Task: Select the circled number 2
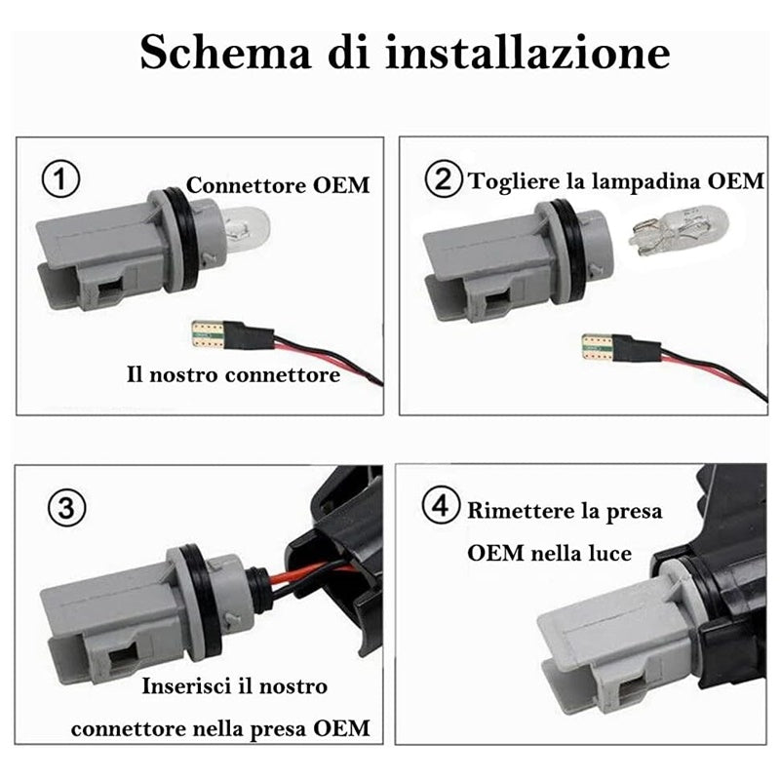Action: click(445, 180)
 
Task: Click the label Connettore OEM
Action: click(278, 184)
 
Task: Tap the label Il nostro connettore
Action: click(233, 373)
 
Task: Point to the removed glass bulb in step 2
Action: click(679, 230)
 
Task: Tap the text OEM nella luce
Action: click(549, 553)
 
